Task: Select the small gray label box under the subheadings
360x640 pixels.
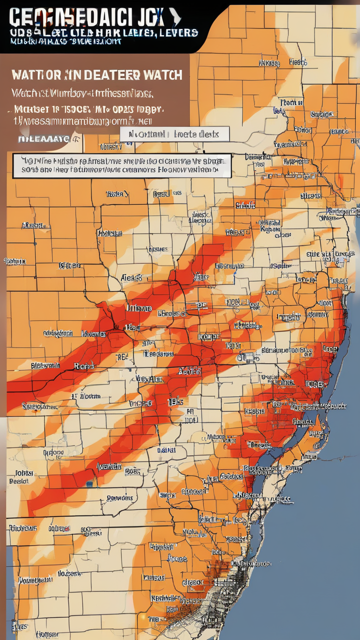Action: (x=174, y=134)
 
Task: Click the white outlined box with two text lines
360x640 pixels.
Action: (x=121, y=165)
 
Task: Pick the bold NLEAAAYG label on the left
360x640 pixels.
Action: (x=43, y=139)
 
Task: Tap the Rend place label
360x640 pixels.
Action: (x=84, y=366)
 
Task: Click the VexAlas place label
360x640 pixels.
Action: (x=149, y=379)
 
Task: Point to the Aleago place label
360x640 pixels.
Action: (x=131, y=277)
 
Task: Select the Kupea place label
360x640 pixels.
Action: (x=270, y=229)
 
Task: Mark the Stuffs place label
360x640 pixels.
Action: (x=245, y=205)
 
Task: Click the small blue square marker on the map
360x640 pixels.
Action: (x=89, y=483)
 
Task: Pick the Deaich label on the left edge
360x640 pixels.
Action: (x=19, y=480)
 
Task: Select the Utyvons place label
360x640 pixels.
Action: (x=22, y=528)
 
